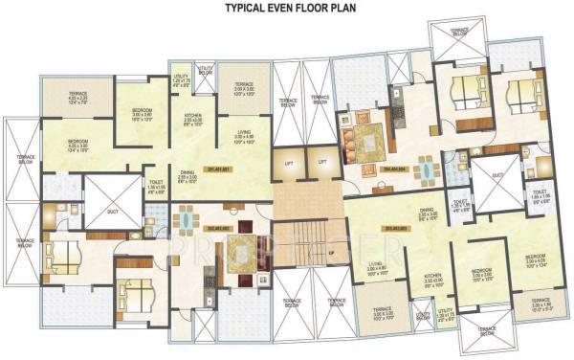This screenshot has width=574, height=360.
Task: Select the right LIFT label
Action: coord(322,162)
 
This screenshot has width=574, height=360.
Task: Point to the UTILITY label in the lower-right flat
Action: coord(443,308)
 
